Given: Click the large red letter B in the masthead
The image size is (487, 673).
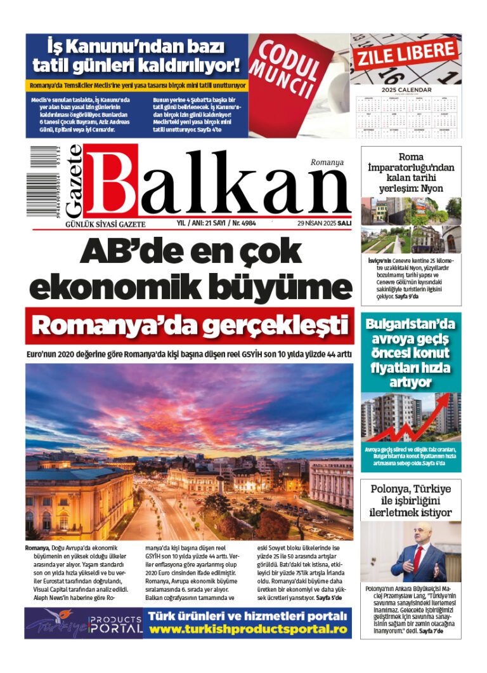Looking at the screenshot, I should [111, 182].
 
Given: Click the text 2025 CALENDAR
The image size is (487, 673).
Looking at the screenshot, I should [406, 90].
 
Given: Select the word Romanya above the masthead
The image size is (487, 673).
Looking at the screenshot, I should [327, 162].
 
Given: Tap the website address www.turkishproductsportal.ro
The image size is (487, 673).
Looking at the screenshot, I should [248, 629].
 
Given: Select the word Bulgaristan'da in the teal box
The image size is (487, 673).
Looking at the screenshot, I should [411, 324].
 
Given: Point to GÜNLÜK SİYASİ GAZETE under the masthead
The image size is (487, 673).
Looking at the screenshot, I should [101, 224].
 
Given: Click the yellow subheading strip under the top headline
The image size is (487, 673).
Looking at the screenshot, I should [137, 85].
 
